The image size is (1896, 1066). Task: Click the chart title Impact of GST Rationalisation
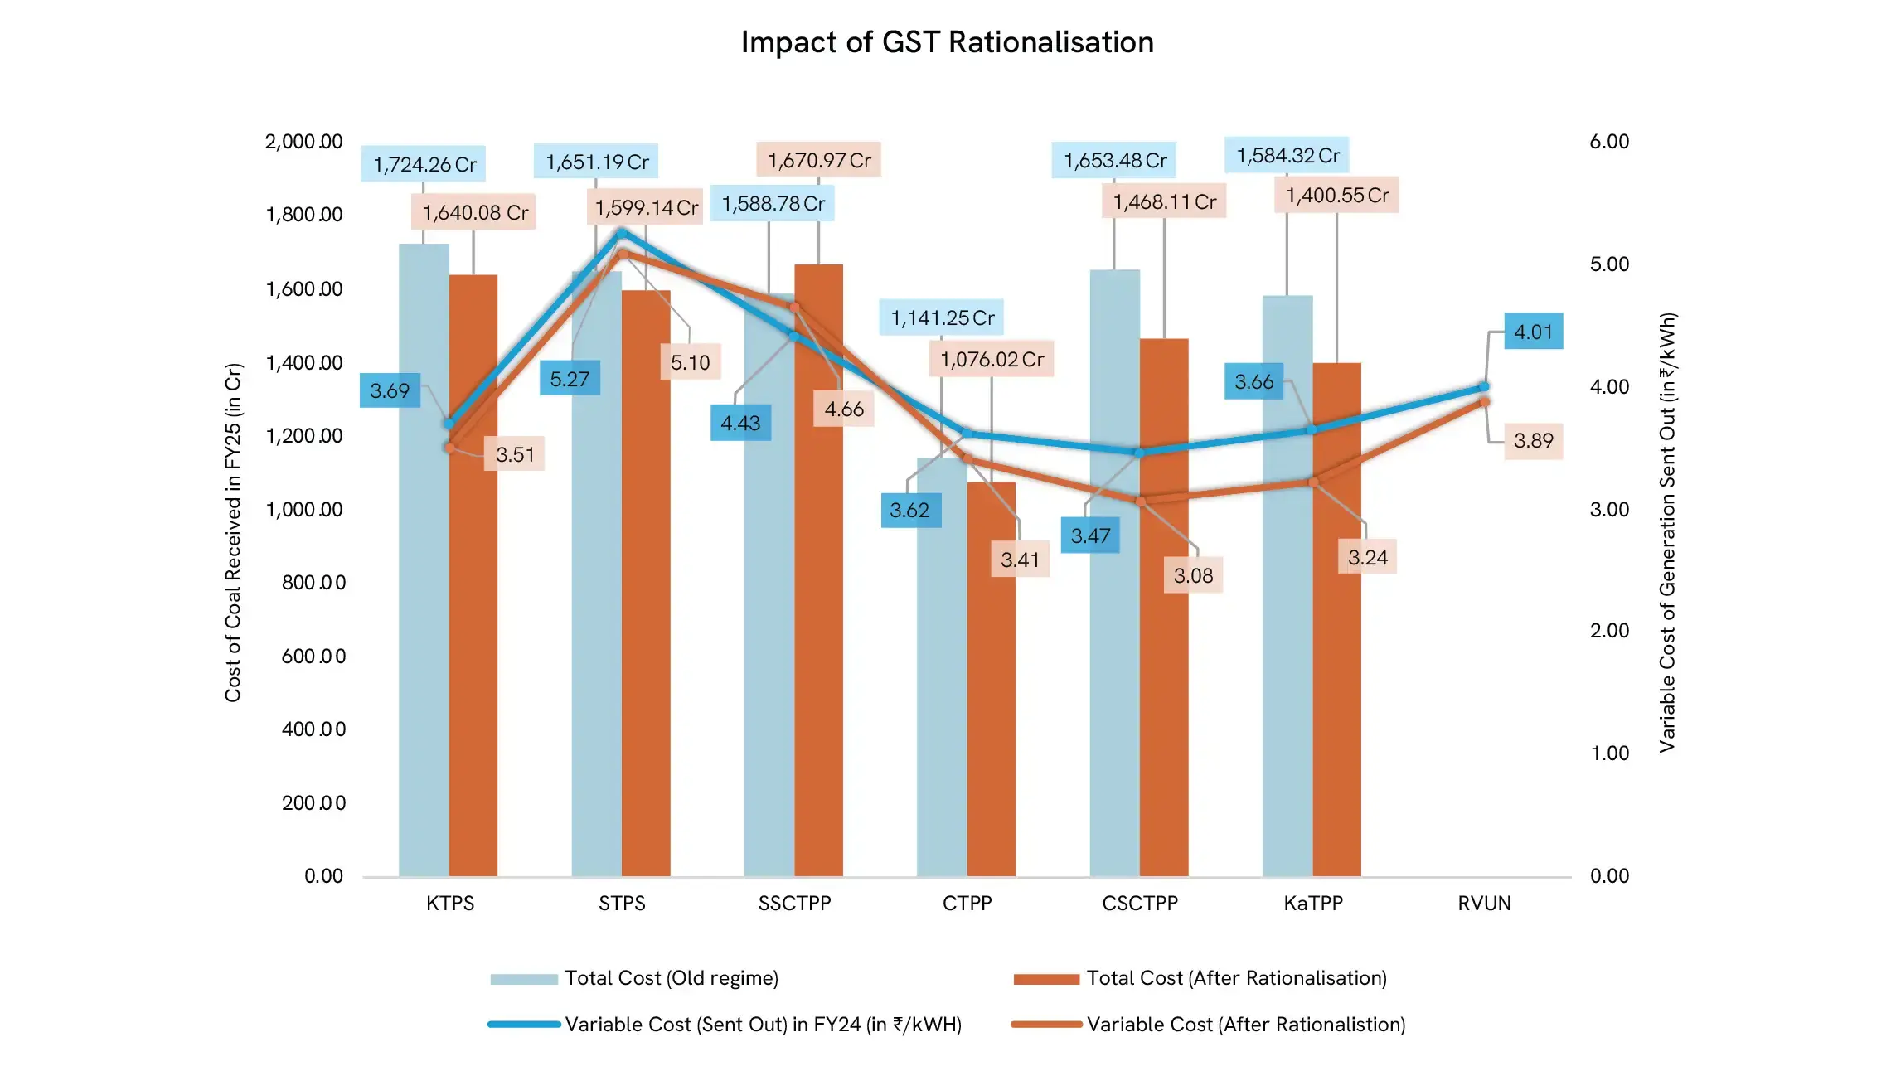coord(947,42)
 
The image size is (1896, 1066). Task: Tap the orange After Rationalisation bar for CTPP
coord(992,680)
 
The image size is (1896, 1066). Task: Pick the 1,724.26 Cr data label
coord(424,164)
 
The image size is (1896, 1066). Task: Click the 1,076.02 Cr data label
coord(992,359)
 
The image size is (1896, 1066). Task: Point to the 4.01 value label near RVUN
coord(1533,332)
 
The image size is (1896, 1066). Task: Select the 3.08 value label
coord(1192,575)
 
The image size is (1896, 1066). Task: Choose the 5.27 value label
coord(570,379)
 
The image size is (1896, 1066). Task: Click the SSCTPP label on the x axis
coord(794,903)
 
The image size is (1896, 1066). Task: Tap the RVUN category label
coord(1484,903)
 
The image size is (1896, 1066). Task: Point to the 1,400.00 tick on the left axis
coord(303,362)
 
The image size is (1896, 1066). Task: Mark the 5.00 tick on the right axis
coord(1608,264)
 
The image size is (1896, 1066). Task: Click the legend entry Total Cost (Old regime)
coord(671,978)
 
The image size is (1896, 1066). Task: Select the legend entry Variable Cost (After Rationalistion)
coord(1245,1025)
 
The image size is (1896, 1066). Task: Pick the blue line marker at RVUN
coord(1484,386)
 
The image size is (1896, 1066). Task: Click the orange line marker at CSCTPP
coord(1140,502)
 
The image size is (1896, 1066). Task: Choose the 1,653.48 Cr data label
coord(1114,160)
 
